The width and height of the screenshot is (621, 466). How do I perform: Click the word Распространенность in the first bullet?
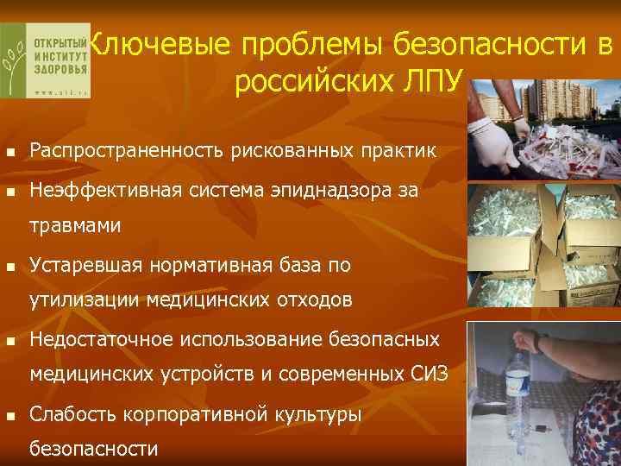(x=127, y=152)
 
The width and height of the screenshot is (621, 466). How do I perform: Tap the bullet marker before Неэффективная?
(x=10, y=192)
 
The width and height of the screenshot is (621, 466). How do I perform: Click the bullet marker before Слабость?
(x=10, y=415)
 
